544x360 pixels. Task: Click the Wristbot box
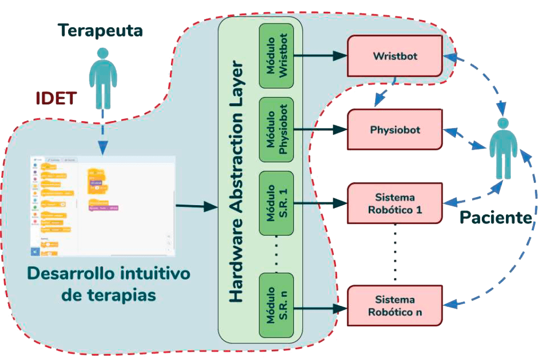coord(395,56)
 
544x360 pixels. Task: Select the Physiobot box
coord(395,130)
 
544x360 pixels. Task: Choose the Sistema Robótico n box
coord(395,305)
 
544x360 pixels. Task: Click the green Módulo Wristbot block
coord(276,56)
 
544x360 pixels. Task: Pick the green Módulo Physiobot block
coord(276,130)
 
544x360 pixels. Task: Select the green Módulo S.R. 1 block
coord(276,204)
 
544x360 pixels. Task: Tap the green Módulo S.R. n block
coord(276,305)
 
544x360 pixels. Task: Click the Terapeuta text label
coord(101,31)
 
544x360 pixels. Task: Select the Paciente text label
coord(496,217)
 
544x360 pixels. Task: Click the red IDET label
coord(56,99)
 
